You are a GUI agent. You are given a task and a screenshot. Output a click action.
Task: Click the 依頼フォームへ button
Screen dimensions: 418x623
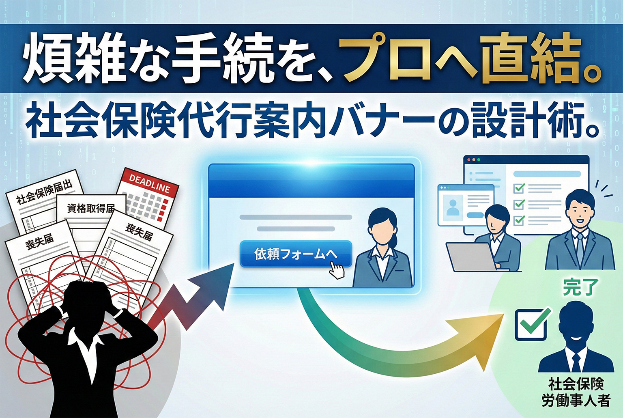point(295,254)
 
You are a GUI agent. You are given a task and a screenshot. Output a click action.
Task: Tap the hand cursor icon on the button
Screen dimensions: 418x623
point(337,270)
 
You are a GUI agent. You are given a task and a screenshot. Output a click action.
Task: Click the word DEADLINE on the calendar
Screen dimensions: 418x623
point(149,183)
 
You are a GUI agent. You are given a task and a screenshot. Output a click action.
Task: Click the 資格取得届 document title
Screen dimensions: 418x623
point(91,209)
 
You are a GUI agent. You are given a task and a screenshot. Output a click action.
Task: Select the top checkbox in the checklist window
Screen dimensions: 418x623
point(519,188)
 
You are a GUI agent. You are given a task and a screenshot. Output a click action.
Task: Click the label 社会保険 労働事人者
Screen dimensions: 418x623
point(576,392)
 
